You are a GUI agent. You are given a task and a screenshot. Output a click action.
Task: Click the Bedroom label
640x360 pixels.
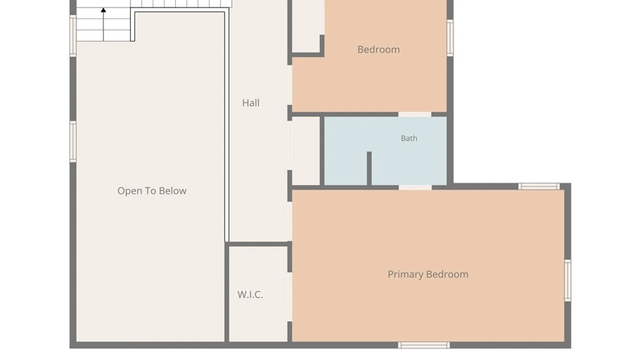(378, 49)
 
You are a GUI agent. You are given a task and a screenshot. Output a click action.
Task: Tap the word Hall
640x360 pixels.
(251, 103)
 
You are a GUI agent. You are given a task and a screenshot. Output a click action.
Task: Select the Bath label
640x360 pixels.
(409, 138)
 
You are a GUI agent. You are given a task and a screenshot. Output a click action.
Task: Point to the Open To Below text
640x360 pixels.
(152, 191)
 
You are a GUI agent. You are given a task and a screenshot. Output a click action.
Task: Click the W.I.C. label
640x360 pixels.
(250, 294)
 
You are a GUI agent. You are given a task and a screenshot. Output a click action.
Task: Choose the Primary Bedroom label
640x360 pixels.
(428, 274)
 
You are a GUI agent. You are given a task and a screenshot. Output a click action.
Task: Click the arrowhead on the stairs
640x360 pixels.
(103, 10)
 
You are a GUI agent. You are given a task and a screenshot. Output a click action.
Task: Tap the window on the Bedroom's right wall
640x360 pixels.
(450, 38)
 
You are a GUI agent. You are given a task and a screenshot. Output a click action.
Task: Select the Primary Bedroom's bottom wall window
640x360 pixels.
(424, 345)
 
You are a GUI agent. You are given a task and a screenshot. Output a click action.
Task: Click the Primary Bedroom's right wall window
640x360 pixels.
(568, 280)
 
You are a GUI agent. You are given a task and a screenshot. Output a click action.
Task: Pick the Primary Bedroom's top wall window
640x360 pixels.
(539, 186)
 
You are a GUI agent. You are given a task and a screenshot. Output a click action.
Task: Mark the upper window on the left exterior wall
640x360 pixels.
(73, 36)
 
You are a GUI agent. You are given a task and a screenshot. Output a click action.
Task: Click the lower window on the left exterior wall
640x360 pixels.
(73, 142)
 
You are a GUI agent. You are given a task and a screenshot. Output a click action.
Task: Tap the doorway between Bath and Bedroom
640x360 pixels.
(415, 114)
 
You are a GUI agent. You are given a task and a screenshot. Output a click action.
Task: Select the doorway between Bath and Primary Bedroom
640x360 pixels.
(415, 188)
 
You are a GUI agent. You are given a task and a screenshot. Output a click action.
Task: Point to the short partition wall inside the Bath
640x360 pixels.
(369, 168)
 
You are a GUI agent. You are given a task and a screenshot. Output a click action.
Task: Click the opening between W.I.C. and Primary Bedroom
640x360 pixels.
(290, 297)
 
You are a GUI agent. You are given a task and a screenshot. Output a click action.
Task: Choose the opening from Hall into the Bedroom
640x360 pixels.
(290, 85)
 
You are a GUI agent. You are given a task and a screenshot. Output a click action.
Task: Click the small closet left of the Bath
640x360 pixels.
(306, 151)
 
